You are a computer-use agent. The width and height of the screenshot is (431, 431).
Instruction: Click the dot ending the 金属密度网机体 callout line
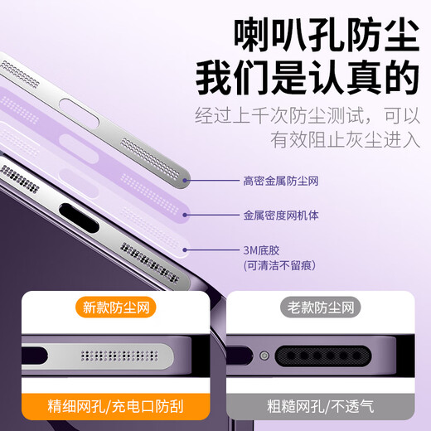[x=187, y=213]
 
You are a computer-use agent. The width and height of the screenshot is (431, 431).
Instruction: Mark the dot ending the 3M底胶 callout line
[x=187, y=249]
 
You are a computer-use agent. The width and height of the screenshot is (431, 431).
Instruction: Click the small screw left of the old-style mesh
[x=264, y=356]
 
